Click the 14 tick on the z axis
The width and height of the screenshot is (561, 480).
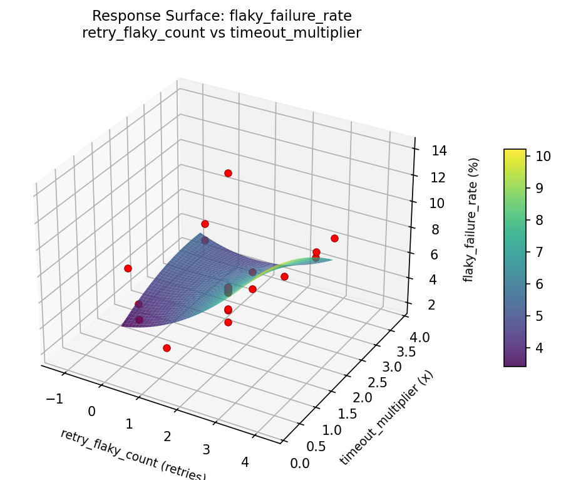point(438,150)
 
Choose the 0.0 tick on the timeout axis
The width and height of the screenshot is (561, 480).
point(301,463)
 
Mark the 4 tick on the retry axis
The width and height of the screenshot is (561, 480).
point(245,462)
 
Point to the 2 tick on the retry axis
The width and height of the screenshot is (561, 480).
point(167,436)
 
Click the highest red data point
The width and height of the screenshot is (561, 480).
point(228,173)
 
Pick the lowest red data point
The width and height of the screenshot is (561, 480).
point(167,348)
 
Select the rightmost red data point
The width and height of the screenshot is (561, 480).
point(334,238)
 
